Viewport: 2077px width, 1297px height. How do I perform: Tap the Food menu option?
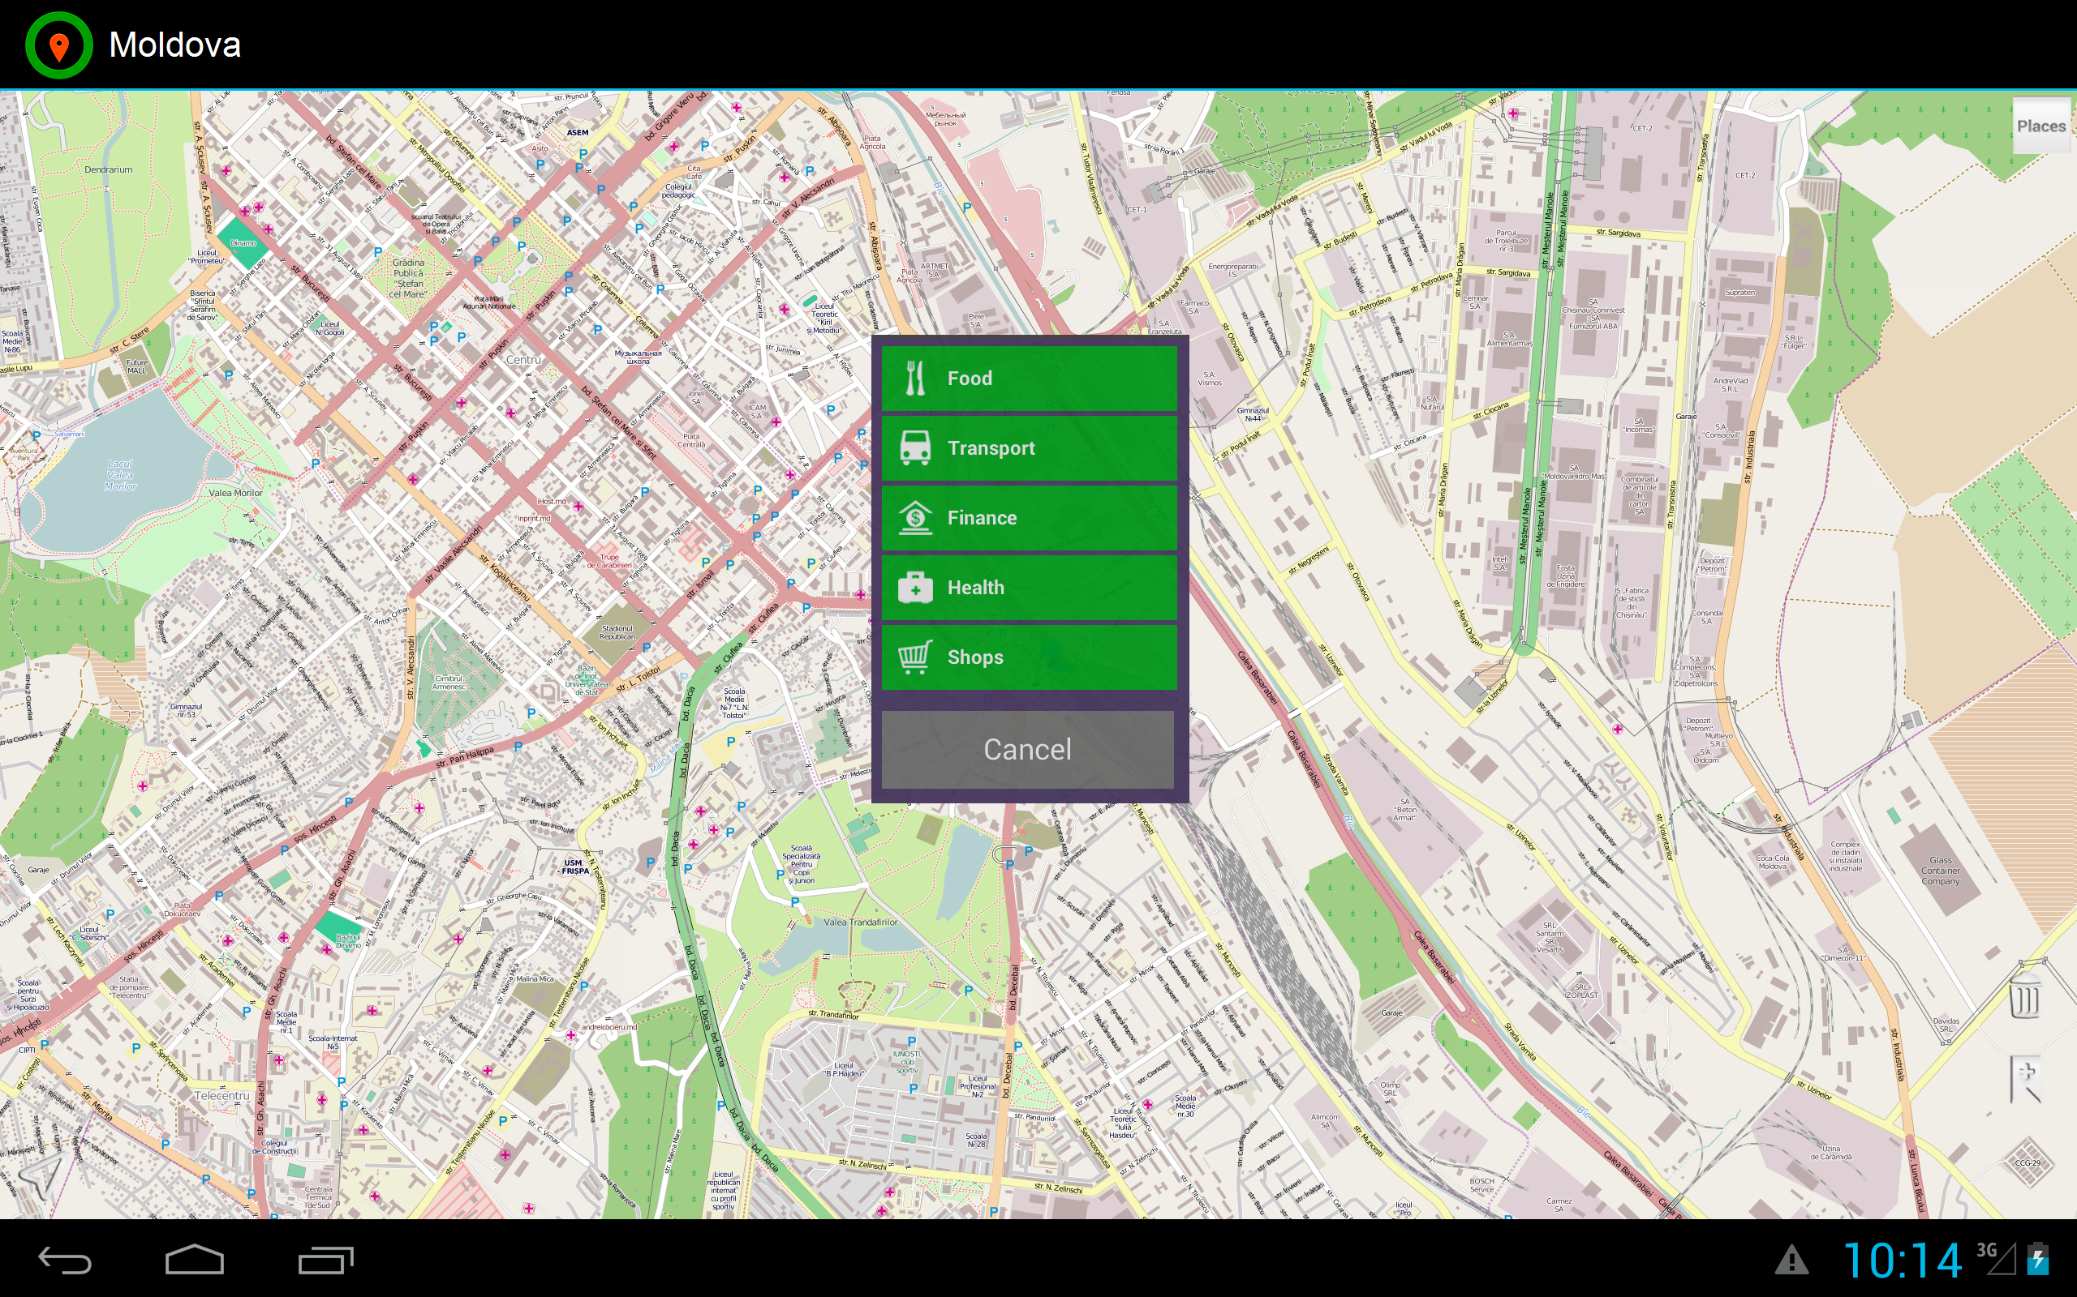point(1028,379)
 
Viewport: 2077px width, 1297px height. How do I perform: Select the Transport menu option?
point(1028,447)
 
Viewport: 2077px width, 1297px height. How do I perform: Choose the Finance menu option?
point(1028,518)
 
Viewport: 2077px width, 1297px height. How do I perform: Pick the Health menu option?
point(1028,588)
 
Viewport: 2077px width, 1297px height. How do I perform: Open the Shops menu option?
point(1028,657)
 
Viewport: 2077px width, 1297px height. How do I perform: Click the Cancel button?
point(1027,749)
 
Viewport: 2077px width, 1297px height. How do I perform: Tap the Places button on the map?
point(2040,126)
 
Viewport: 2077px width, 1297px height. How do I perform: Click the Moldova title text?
point(174,45)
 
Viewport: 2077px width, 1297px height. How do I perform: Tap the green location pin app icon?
point(58,45)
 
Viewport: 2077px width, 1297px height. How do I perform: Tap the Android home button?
point(195,1259)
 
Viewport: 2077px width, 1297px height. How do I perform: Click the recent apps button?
point(325,1259)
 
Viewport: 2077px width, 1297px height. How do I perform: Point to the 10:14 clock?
point(1901,1260)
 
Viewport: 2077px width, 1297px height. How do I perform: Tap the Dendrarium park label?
point(108,170)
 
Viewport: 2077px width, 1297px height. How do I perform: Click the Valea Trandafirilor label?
point(860,922)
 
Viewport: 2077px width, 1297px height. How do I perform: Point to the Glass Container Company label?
point(1940,870)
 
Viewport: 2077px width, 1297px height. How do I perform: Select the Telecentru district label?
point(221,1095)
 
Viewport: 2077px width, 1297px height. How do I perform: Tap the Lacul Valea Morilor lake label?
point(120,474)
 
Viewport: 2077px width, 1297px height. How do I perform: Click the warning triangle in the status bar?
point(1791,1260)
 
